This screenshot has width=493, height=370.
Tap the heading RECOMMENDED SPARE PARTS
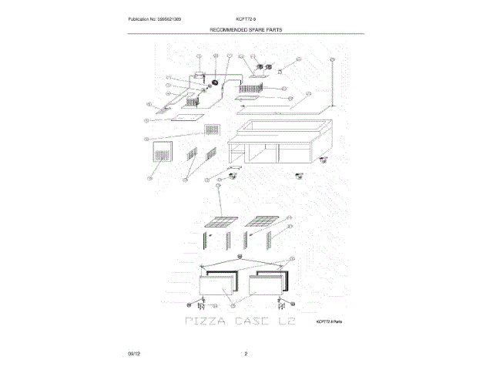pyautogui.click(x=246, y=29)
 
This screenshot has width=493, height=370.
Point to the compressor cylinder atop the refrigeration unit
pyautogui.click(x=199, y=76)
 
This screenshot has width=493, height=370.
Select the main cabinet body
pyautogui.click(x=278, y=143)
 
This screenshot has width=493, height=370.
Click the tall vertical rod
pyautogui.click(x=331, y=81)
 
